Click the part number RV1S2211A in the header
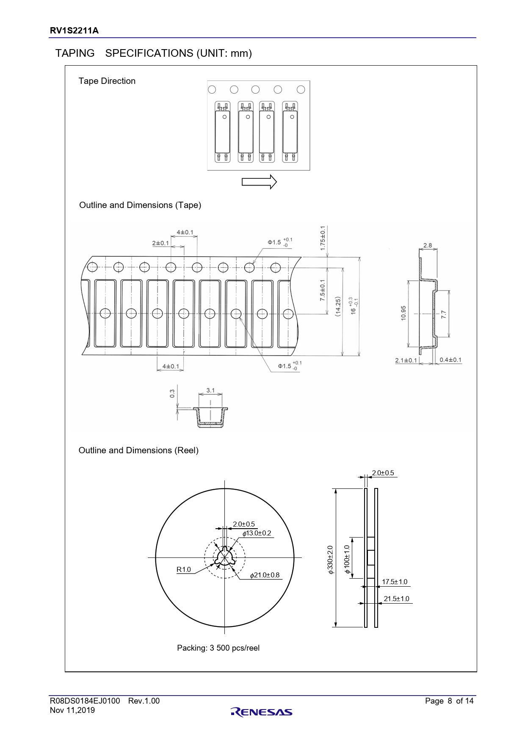pyautogui.click(x=74, y=30)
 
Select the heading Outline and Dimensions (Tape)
pyautogui.click(x=140, y=205)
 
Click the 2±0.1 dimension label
pyautogui.click(x=160, y=243)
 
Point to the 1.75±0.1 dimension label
pyautogui.click(x=323, y=238)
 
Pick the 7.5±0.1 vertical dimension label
pyautogui.click(x=323, y=290)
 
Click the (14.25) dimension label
pyautogui.click(x=337, y=306)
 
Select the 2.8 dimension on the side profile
pyautogui.click(x=428, y=245)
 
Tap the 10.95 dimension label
pyautogui.click(x=403, y=313)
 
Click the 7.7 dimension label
pyautogui.click(x=443, y=314)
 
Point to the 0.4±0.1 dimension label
pyautogui.click(x=450, y=360)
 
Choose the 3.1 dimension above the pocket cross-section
pyautogui.click(x=210, y=390)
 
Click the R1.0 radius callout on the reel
pyautogui.click(x=184, y=569)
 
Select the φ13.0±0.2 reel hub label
pyautogui.click(x=257, y=533)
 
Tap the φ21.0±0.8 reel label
pyautogui.click(x=265, y=575)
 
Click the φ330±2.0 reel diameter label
pyautogui.click(x=330, y=560)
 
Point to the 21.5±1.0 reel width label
pyautogui.click(x=396, y=599)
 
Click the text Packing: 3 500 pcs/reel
pyautogui.click(x=218, y=648)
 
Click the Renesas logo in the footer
pyautogui.click(x=262, y=712)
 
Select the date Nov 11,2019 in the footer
pyautogui.click(x=72, y=710)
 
